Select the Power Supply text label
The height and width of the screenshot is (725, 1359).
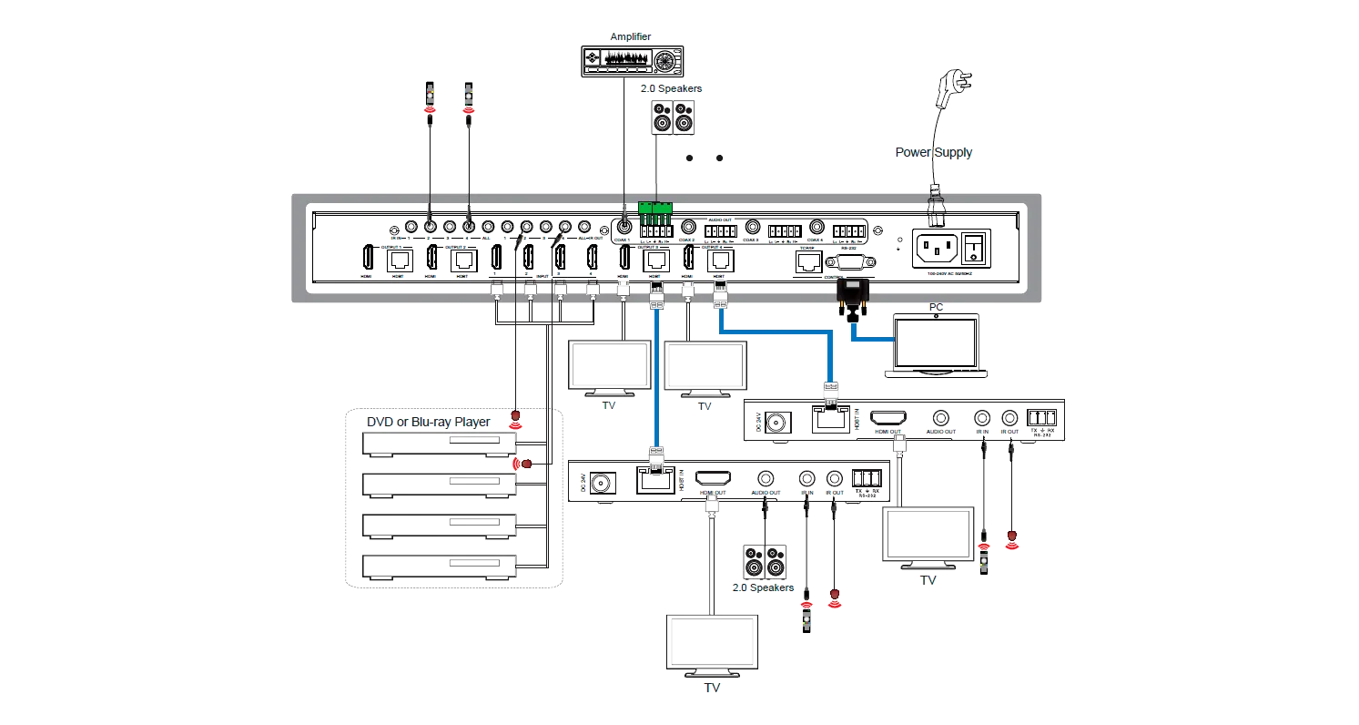[934, 152]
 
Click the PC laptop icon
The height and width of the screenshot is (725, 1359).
[936, 345]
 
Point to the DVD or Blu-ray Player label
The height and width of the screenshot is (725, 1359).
[428, 422]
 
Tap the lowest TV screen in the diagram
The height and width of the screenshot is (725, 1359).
[713, 644]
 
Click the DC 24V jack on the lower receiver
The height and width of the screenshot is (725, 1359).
[601, 483]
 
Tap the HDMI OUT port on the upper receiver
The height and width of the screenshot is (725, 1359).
[888, 419]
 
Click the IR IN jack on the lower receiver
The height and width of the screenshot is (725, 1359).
[806, 478]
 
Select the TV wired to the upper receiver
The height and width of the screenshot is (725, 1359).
[928, 536]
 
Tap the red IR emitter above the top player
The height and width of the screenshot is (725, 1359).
[516, 418]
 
